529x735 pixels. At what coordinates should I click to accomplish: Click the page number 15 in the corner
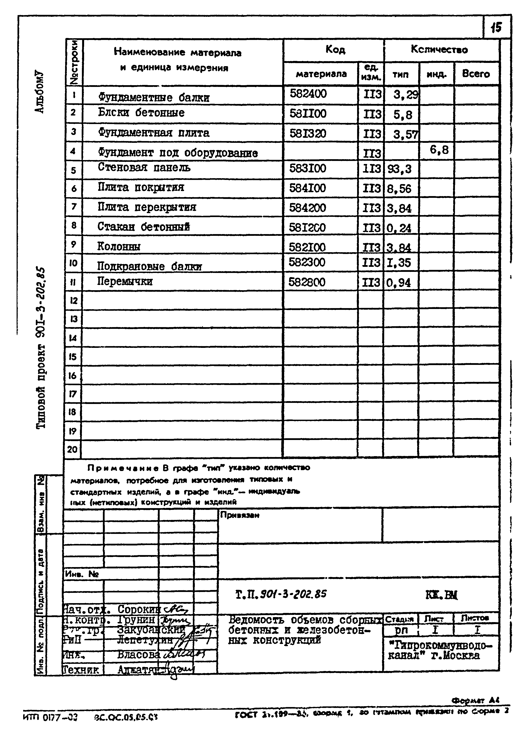point(496,28)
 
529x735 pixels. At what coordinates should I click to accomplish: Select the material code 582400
point(308,94)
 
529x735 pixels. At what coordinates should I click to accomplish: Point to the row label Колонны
point(119,247)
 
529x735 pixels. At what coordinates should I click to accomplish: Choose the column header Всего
point(476,74)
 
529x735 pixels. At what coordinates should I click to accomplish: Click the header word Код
point(335,50)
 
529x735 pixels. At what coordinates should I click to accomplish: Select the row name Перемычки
point(125,281)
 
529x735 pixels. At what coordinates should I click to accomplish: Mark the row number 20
point(72,449)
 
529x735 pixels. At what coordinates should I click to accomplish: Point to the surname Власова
point(139,655)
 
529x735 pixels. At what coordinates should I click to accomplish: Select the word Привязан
point(240,515)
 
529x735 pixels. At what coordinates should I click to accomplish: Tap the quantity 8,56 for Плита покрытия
point(399,189)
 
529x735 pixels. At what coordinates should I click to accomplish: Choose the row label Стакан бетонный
point(143,227)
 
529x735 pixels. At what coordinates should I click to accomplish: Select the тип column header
point(401,74)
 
